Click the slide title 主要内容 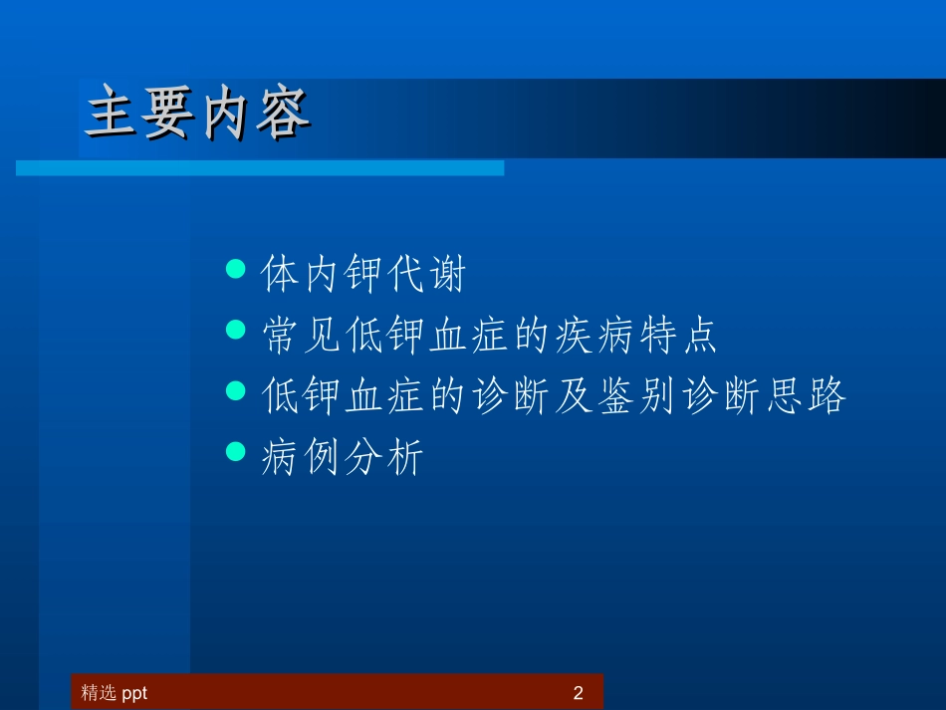(x=197, y=116)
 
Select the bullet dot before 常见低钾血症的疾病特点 (x=236, y=330)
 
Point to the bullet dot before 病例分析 (x=236, y=452)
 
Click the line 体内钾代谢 (x=362, y=275)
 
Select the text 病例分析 (x=342, y=459)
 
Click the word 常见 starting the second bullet (x=302, y=337)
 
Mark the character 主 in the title (x=112, y=116)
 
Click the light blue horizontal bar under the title (x=259, y=168)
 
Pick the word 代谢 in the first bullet (x=426, y=275)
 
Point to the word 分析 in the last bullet (x=384, y=459)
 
